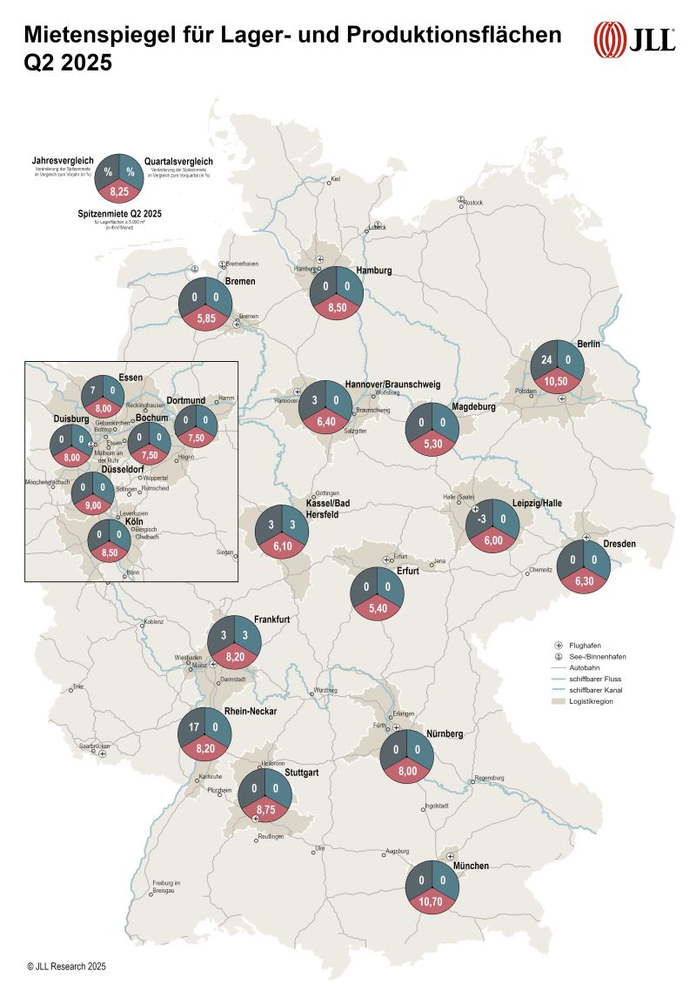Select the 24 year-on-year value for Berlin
click(x=546, y=360)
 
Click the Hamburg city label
click(x=373, y=271)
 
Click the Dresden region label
click(x=619, y=544)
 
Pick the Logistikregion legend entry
click(x=592, y=700)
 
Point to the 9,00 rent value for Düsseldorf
click(x=94, y=503)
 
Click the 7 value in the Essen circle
click(x=91, y=392)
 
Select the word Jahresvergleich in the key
click(x=62, y=160)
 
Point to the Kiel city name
click(x=336, y=180)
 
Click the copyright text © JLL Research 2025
click(x=66, y=966)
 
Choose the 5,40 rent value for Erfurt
click(x=378, y=606)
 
